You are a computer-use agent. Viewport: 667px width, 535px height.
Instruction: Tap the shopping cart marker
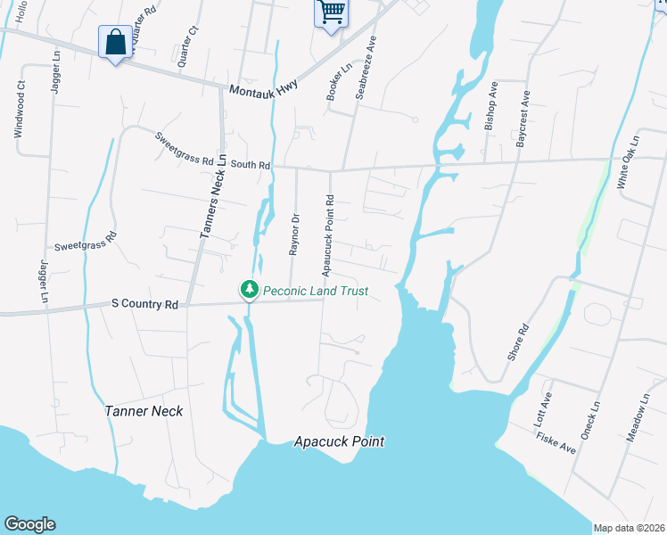click(x=330, y=12)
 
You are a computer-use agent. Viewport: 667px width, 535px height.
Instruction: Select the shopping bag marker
click(x=116, y=42)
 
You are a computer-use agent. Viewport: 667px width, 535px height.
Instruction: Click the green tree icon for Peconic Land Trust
click(x=251, y=290)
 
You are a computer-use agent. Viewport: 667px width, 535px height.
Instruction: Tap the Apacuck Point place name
click(x=340, y=441)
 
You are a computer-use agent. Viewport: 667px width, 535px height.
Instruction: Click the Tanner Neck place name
click(x=144, y=411)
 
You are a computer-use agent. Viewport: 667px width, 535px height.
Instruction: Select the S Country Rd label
click(x=145, y=304)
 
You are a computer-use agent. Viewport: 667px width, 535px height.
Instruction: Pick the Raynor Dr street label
click(x=294, y=235)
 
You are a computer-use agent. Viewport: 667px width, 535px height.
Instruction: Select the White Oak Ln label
click(x=629, y=162)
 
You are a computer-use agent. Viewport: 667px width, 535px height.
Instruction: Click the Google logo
click(x=29, y=524)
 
